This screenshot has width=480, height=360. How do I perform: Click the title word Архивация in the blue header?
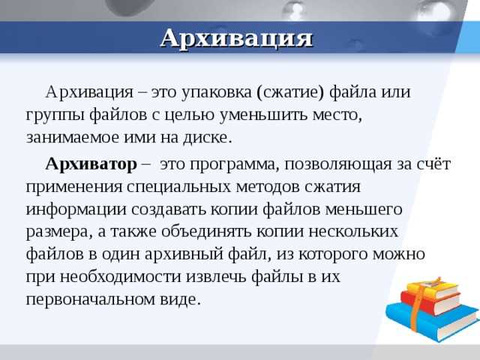tap(236, 37)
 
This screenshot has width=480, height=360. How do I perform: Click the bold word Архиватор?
tap(91, 163)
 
